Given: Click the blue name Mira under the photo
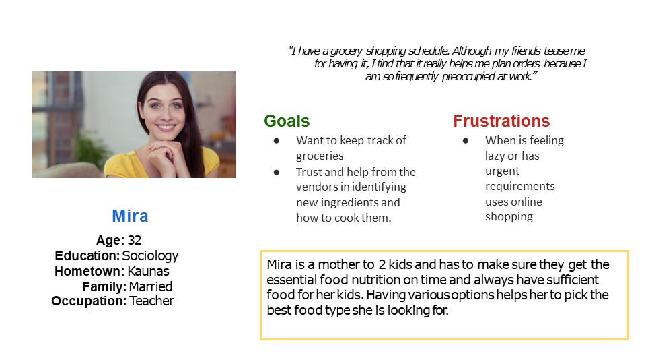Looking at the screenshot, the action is [x=130, y=216].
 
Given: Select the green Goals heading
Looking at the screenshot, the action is [x=287, y=121].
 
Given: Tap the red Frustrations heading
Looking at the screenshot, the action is [x=501, y=121].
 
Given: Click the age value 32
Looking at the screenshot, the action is [x=135, y=240].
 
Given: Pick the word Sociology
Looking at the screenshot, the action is [x=150, y=256].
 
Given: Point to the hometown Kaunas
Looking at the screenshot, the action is [x=148, y=271].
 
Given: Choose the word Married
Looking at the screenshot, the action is [x=150, y=286].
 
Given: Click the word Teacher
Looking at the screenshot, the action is [x=151, y=301].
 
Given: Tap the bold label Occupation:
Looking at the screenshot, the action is [x=89, y=301].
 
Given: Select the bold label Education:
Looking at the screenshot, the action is [x=87, y=256].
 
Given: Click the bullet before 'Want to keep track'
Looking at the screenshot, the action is [x=277, y=141].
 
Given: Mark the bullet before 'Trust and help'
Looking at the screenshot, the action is [x=277, y=172].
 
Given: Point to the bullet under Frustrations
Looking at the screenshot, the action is [x=466, y=141].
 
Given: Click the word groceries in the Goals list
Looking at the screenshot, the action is [x=320, y=156].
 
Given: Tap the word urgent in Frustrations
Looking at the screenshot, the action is [x=502, y=171].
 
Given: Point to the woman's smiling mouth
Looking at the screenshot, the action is [x=166, y=127].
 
